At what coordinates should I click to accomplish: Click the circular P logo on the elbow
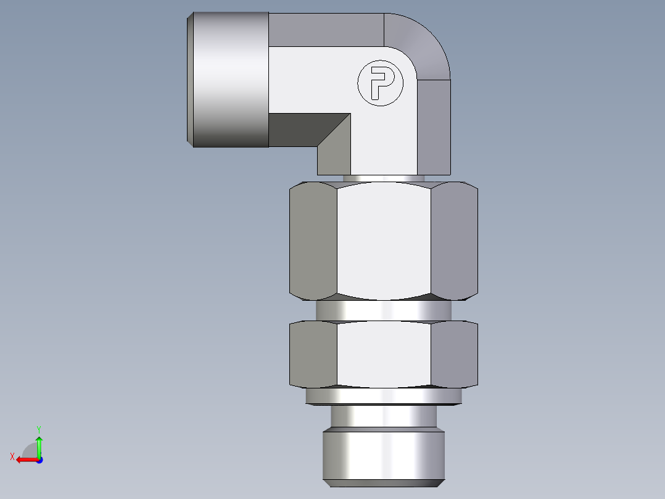pyautogui.click(x=380, y=83)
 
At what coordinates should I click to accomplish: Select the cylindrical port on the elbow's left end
pyautogui.click(x=228, y=80)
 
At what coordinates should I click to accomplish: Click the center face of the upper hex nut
pyautogui.click(x=384, y=241)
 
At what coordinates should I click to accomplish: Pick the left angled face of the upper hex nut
pyautogui.click(x=313, y=241)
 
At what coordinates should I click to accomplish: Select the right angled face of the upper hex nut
pyautogui.click(x=454, y=241)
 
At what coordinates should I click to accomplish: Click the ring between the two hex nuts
pyautogui.click(x=384, y=311)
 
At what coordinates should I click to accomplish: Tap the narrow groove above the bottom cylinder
pyautogui.click(x=384, y=417)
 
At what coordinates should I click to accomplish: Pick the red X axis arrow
pyautogui.click(x=25, y=459)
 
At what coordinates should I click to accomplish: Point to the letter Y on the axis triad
pyautogui.click(x=38, y=429)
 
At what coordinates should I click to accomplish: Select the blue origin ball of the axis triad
pyautogui.click(x=39, y=459)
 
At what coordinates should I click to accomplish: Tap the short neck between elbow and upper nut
pyautogui.click(x=384, y=178)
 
